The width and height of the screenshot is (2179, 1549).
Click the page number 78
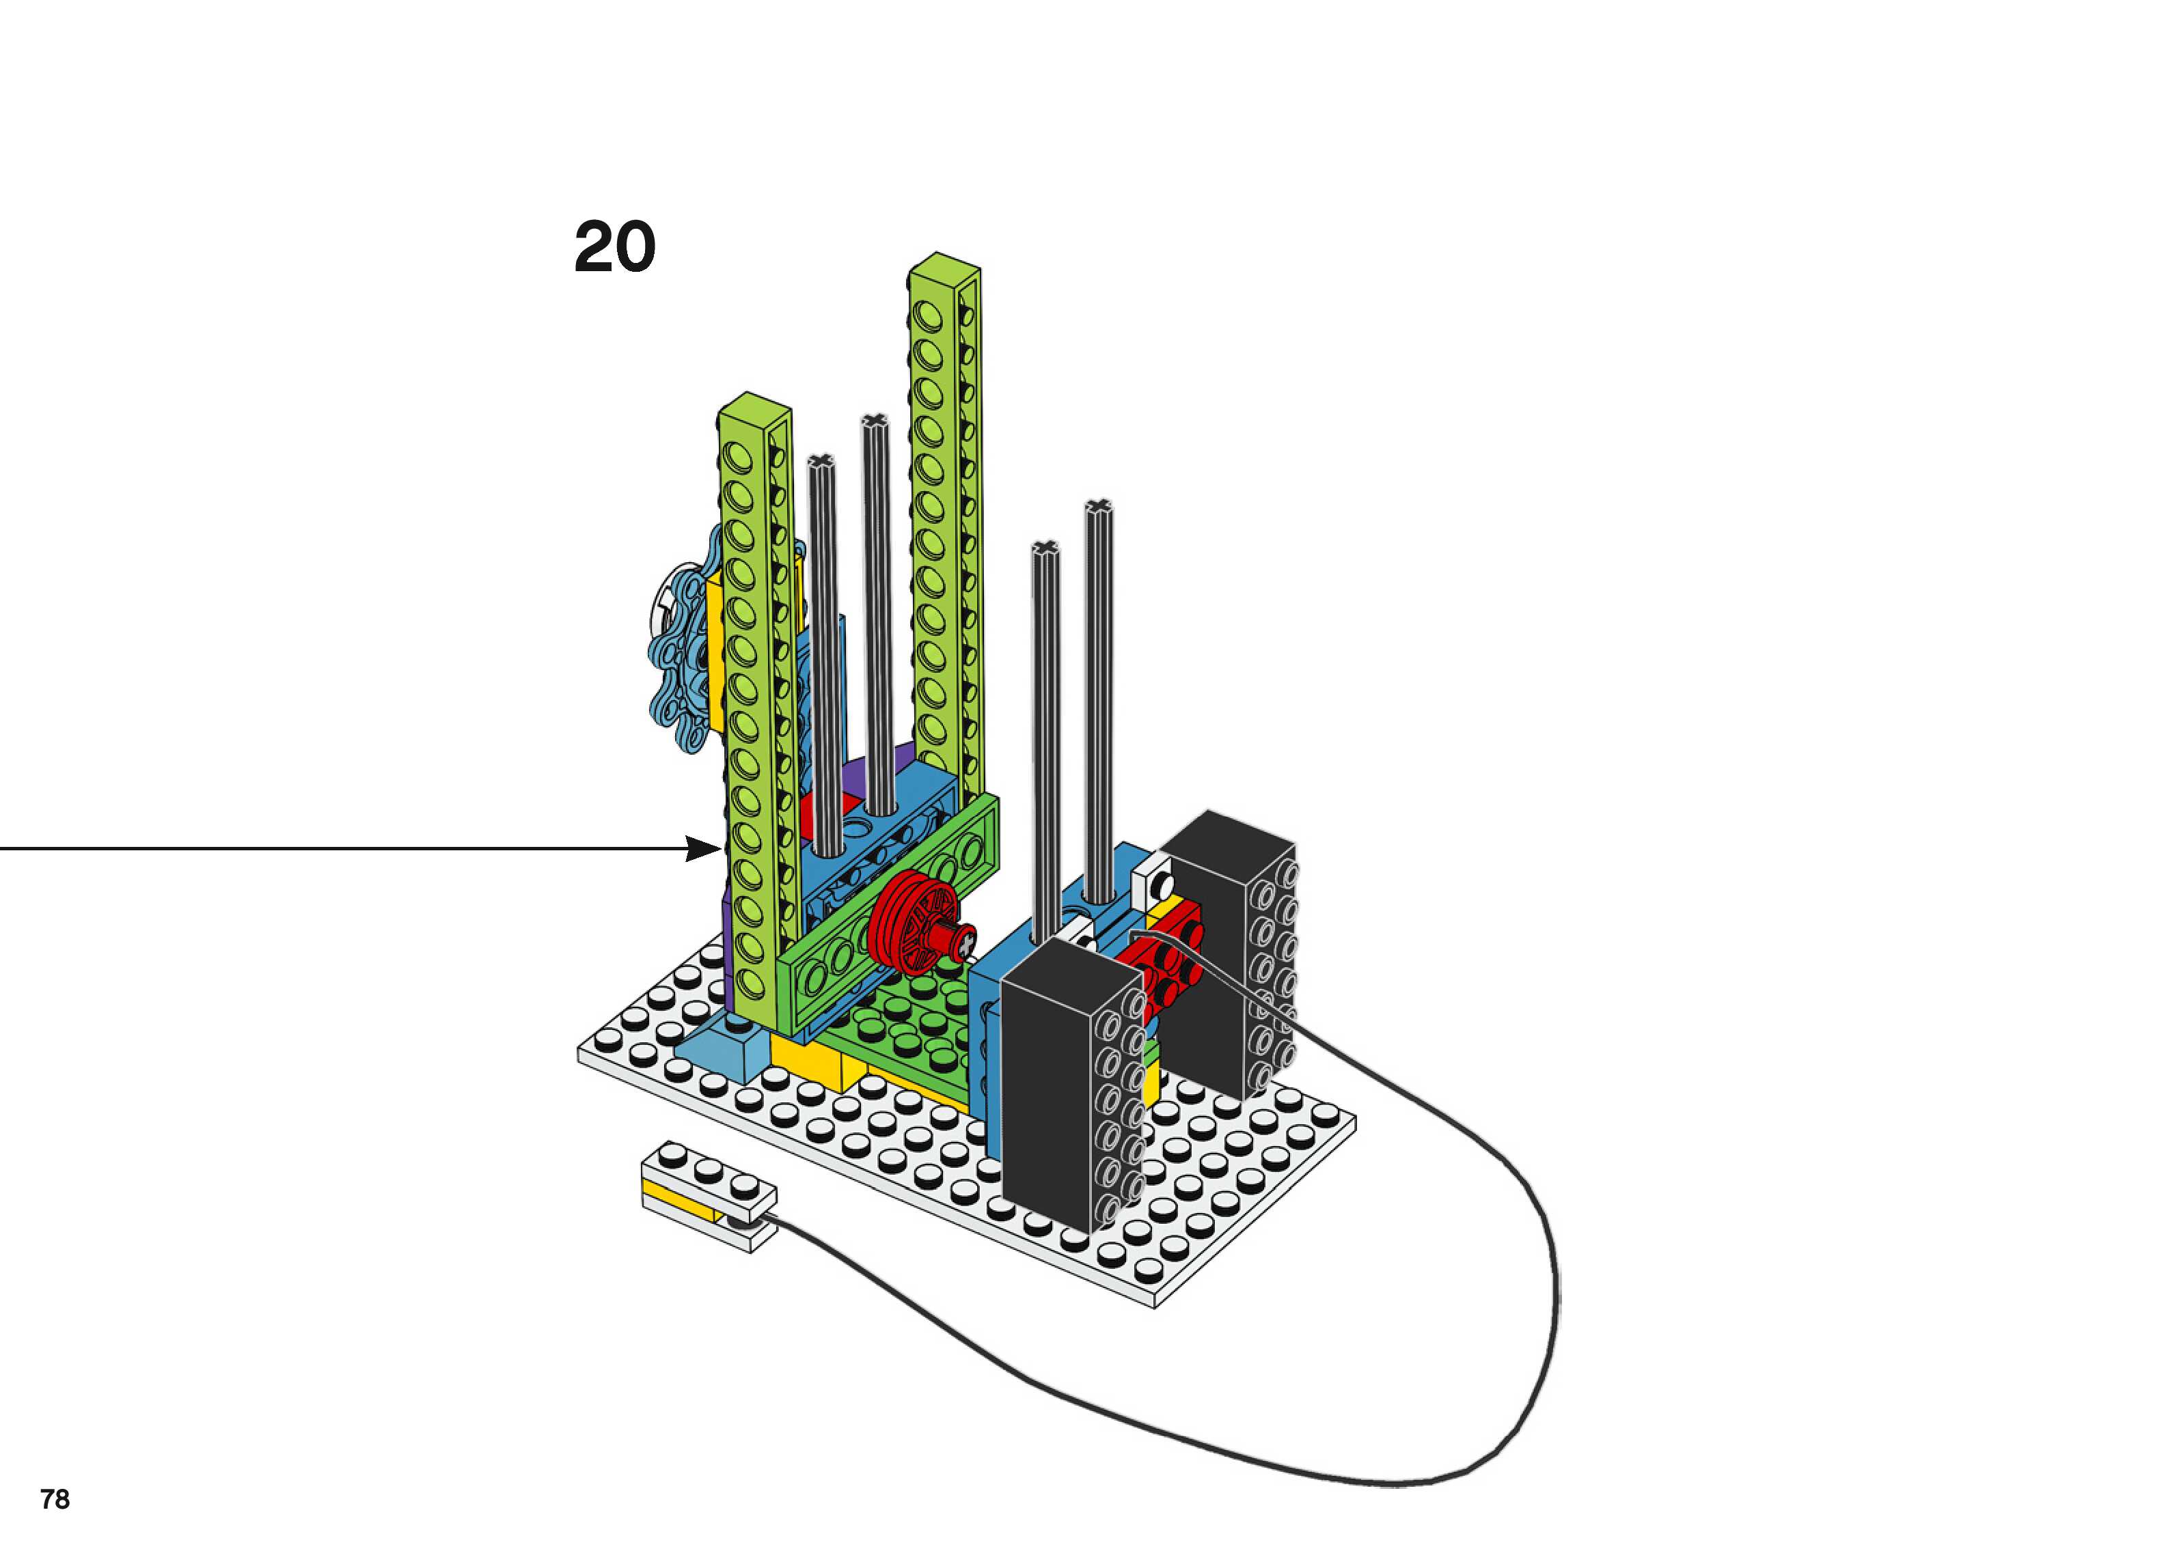click(x=55, y=1499)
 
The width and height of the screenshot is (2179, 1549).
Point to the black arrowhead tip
click(x=718, y=848)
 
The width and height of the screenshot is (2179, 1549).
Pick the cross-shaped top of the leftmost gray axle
click(x=821, y=462)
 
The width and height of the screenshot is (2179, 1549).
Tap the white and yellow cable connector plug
click(x=709, y=1198)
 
